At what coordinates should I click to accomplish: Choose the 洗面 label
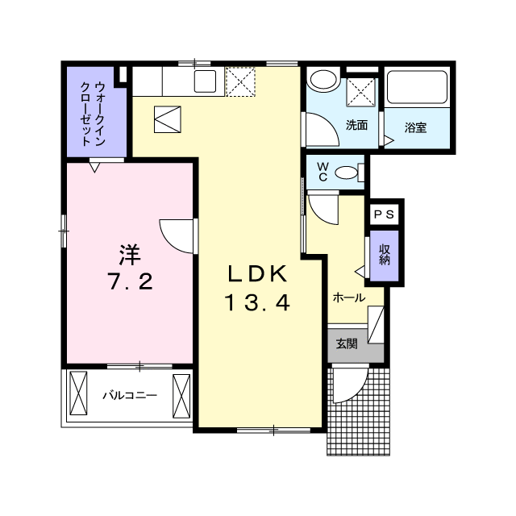(356, 125)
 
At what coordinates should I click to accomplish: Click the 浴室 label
(415, 127)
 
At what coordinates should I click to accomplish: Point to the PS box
(383, 215)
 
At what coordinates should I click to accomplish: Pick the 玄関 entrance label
(347, 343)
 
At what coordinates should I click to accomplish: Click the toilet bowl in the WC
(347, 172)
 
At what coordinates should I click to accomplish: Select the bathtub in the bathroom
(417, 86)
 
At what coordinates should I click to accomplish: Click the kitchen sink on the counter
(204, 81)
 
